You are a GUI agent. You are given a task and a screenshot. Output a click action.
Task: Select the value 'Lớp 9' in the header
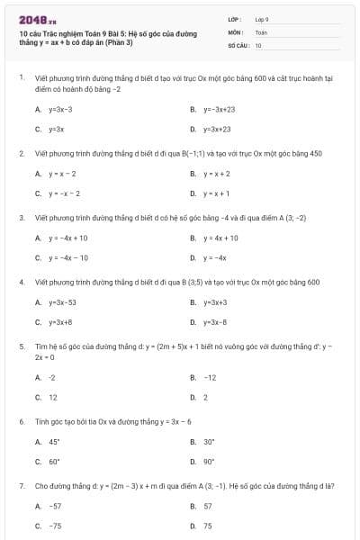(262, 18)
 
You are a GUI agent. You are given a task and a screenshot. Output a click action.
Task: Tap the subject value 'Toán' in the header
(261, 31)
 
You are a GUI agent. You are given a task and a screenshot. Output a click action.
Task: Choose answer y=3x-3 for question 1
(60, 109)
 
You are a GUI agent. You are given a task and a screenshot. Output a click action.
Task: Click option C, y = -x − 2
(64, 193)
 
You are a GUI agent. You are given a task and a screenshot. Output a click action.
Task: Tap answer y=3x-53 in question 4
(62, 302)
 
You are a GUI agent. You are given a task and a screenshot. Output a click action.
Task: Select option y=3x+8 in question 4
(60, 322)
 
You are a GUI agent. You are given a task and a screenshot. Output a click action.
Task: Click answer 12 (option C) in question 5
(53, 397)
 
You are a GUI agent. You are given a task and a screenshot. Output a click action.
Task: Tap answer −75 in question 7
(55, 526)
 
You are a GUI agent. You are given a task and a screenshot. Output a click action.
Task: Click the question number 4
(21, 283)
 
